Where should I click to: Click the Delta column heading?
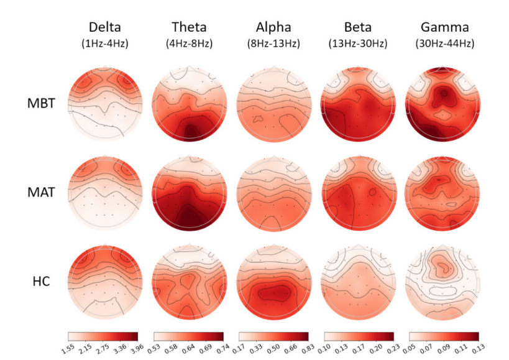pyautogui.click(x=104, y=27)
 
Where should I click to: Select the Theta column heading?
pyautogui.click(x=189, y=27)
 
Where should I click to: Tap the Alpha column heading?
pyautogui.click(x=273, y=27)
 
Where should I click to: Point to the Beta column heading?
pyautogui.click(x=358, y=27)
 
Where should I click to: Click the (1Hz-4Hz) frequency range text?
pyautogui.click(x=104, y=44)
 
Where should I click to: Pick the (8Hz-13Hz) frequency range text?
pyautogui.click(x=273, y=44)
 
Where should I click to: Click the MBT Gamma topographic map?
pyautogui.click(x=443, y=104)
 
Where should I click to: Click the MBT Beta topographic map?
pyautogui.click(x=358, y=104)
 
